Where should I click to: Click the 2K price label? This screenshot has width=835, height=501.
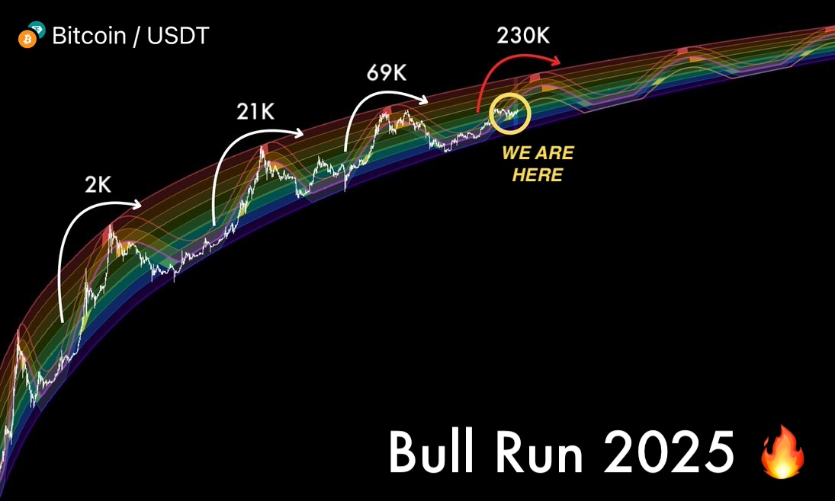click(x=98, y=185)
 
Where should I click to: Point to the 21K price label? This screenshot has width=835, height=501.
click(x=255, y=113)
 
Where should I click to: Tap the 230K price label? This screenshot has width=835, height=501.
click(x=523, y=35)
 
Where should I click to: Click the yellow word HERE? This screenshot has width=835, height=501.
click(x=537, y=175)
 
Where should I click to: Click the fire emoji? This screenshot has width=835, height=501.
click(x=782, y=453)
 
